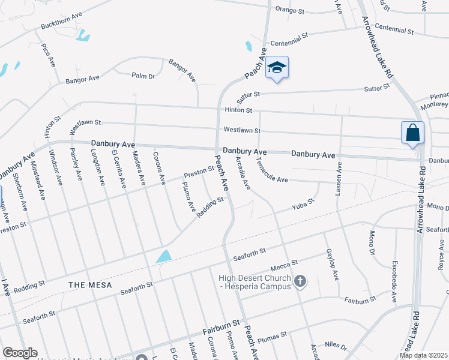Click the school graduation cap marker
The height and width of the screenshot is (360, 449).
(277, 68)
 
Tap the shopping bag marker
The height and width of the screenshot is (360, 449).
(412, 133)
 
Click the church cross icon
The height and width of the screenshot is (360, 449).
(301, 280)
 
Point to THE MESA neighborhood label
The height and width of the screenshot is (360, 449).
(90, 284)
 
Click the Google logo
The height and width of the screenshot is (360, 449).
(20, 353)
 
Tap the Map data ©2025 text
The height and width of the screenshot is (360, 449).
(423, 355)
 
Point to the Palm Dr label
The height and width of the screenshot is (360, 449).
(143, 76)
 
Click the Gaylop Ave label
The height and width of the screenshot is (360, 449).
(331, 263)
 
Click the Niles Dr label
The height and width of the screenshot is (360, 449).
(336, 346)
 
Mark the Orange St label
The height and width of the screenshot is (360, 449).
(291, 9)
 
